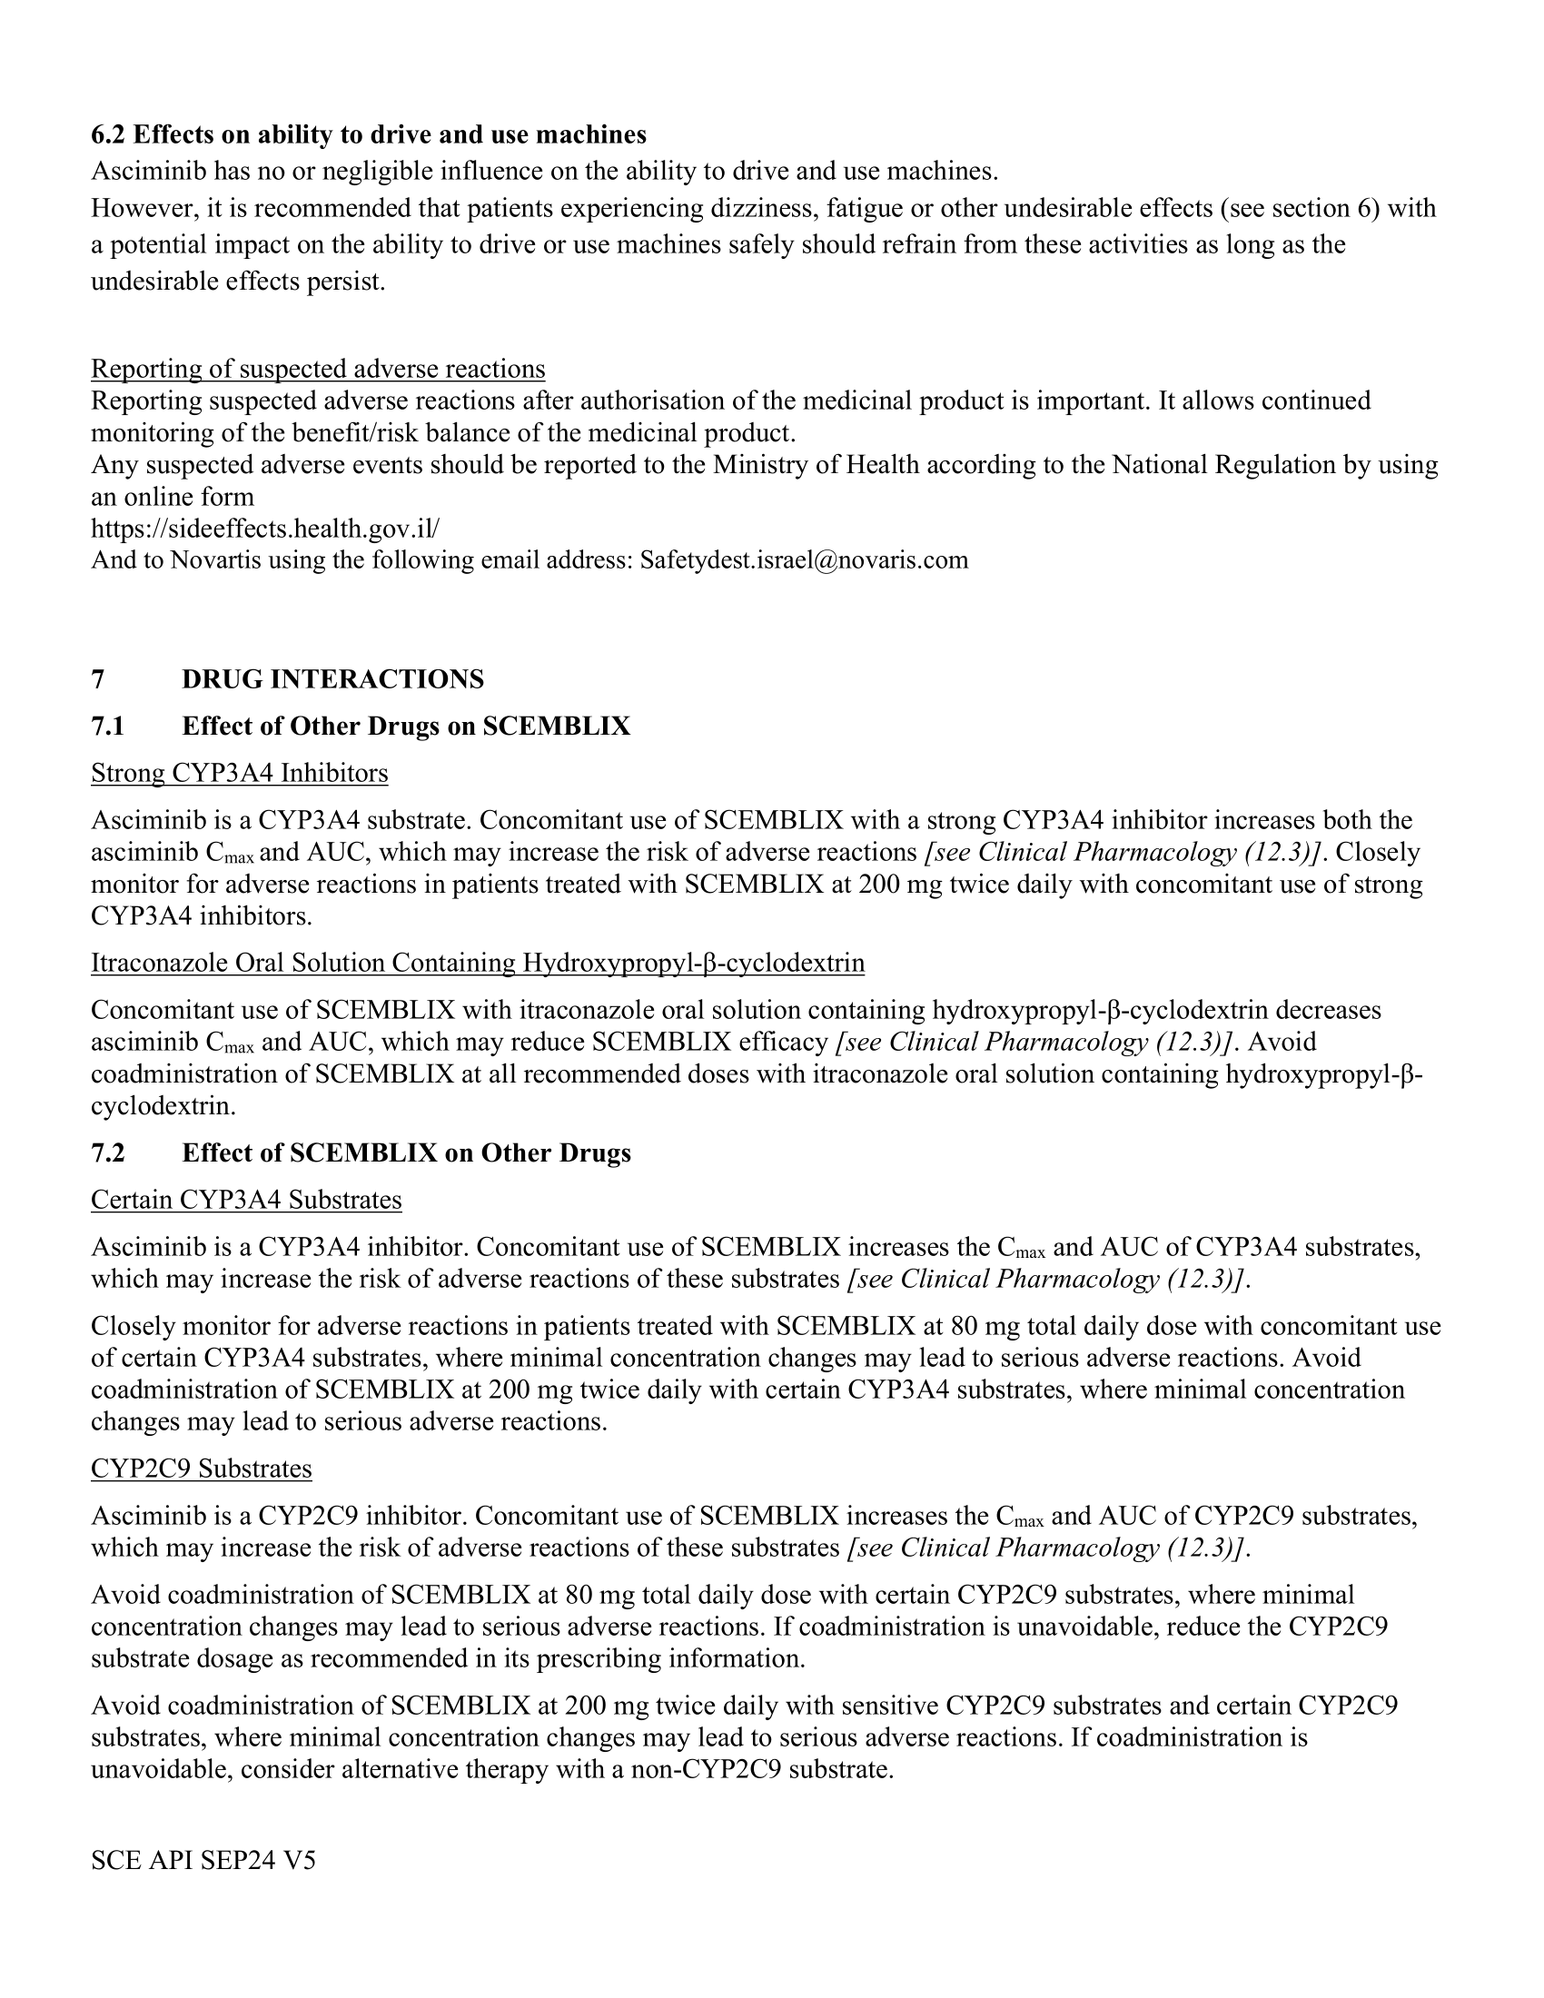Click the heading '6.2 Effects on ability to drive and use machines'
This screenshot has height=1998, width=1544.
click(x=368, y=135)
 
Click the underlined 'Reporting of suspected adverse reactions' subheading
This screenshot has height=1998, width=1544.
click(x=317, y=369)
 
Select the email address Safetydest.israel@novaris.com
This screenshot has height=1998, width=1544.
click(x=803, y=559)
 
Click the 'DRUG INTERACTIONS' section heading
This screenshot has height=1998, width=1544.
click(x=333, y=679)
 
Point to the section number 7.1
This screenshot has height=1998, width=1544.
click(x=107, y=727)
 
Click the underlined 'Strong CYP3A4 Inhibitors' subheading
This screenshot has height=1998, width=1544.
click(x=239, y=774)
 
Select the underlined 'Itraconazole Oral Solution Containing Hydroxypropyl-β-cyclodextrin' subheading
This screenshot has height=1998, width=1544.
click(x=478, y=964)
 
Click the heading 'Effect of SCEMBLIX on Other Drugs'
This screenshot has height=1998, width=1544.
click(x=406, y=1152)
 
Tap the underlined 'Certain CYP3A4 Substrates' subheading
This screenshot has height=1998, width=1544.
click(x=246, y=1201)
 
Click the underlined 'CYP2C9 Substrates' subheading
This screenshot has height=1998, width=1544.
click(x=202, y=1469)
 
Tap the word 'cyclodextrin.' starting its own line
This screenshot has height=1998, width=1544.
click(x=163, y=1106)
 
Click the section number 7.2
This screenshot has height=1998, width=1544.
click(x=107, y=1152)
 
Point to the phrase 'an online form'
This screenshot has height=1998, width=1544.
click(x=172, y=498)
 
